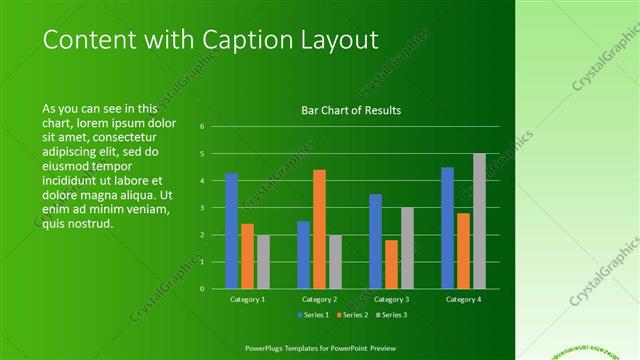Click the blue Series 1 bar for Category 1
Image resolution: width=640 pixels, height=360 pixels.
tap(231, 231)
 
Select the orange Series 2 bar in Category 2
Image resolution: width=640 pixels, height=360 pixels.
tap(319, 229)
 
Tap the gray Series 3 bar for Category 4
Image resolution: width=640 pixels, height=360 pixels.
tap(479, 221)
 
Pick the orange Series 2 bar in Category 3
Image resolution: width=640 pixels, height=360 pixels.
tap(391, 264)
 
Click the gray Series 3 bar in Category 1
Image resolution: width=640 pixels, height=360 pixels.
tap(263, 262)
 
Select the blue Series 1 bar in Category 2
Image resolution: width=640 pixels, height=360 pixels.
tap(303, 255)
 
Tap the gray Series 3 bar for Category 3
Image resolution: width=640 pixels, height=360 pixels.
tap(407, 248)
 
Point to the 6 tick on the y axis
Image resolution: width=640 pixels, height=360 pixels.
tap(202, 127)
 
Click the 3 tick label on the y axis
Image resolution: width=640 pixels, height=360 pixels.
tap(202, 208)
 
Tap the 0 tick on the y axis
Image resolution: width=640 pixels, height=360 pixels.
tap(202, 289)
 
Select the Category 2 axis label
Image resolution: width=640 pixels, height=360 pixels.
tap(319, 299)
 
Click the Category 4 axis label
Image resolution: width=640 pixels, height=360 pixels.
tap(463, 299)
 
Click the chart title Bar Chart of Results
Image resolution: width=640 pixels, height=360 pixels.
tap(351, 110)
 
